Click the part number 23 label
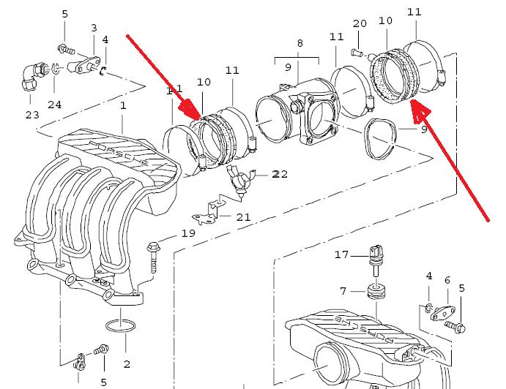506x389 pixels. pyautogui.click(x=32, y=114)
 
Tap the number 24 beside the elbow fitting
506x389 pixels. pyautogui.click(x=54, y=105)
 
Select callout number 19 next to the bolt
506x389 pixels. pyautogui.click(x=188, y=234)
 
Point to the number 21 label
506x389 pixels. pyautogui.click(x=243, y=216)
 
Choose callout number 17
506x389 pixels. pyautogui.click(x=342, y=255)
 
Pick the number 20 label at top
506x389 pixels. pyautogui.click(x=359, y=23)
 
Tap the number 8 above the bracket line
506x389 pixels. pyautogui.click(x=299, y=44)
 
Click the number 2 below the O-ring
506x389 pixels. pyautogui.click(x=127, y=363)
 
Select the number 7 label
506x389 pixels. pyautogui.click(x=342, y=292)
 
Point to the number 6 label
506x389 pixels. pyautogui.click(x=447, y=279)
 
